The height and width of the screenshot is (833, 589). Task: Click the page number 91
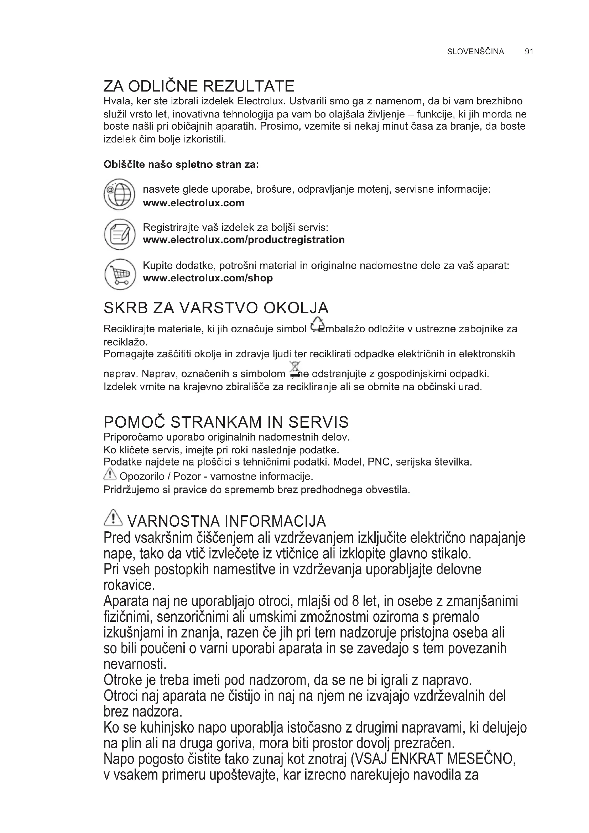tap(529, 52)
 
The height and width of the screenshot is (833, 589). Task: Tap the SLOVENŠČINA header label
tap(475, 52)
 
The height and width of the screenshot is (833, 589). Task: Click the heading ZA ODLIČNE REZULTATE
tap(199, 86)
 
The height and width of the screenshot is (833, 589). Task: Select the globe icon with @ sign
tap(119, 194)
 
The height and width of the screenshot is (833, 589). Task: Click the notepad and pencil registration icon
tap(119, 234)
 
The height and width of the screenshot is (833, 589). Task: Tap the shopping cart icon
tap(120, 274)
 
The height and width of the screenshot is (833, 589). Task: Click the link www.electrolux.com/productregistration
tap(244, 240)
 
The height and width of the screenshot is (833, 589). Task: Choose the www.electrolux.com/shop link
tap(208, 278)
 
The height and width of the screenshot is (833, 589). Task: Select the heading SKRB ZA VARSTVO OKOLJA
tap(216, 308)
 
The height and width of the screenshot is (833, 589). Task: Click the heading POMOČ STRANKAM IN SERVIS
tap(226, 422)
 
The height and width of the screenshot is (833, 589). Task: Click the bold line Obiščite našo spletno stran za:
tap(181, 164)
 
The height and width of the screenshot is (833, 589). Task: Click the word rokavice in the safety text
tap(129, 585)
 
